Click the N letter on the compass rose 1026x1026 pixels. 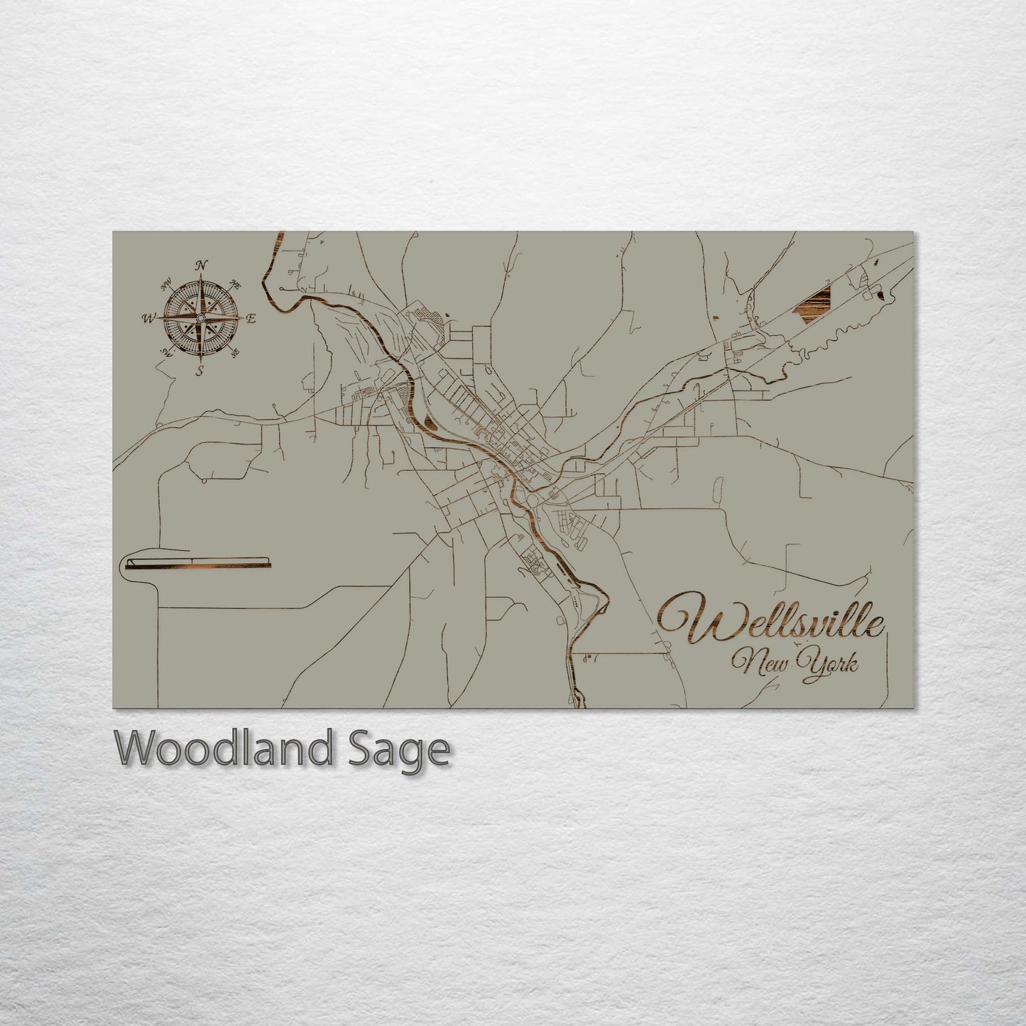pyautogui.click(x=202, y=265)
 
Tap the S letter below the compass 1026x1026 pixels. pyautogui.click(x=200, y=370)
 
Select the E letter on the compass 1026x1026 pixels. pyautogui.click(x=251, y=319)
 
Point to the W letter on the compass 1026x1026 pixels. pyautogui.click(x=150, y=318)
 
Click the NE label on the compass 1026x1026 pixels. pyautogui.click(x=236, y=284)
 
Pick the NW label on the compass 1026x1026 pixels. pyautogui.click(x=167, y=285)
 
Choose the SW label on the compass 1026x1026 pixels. pyautogui.click(x=167, y=351)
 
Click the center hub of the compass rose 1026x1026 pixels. pyautogui.click(x=201, y=317)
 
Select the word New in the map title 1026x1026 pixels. pyautogui.click(x=761, y=665)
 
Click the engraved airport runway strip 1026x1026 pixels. pyautogui.click(x=197, y=564)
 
